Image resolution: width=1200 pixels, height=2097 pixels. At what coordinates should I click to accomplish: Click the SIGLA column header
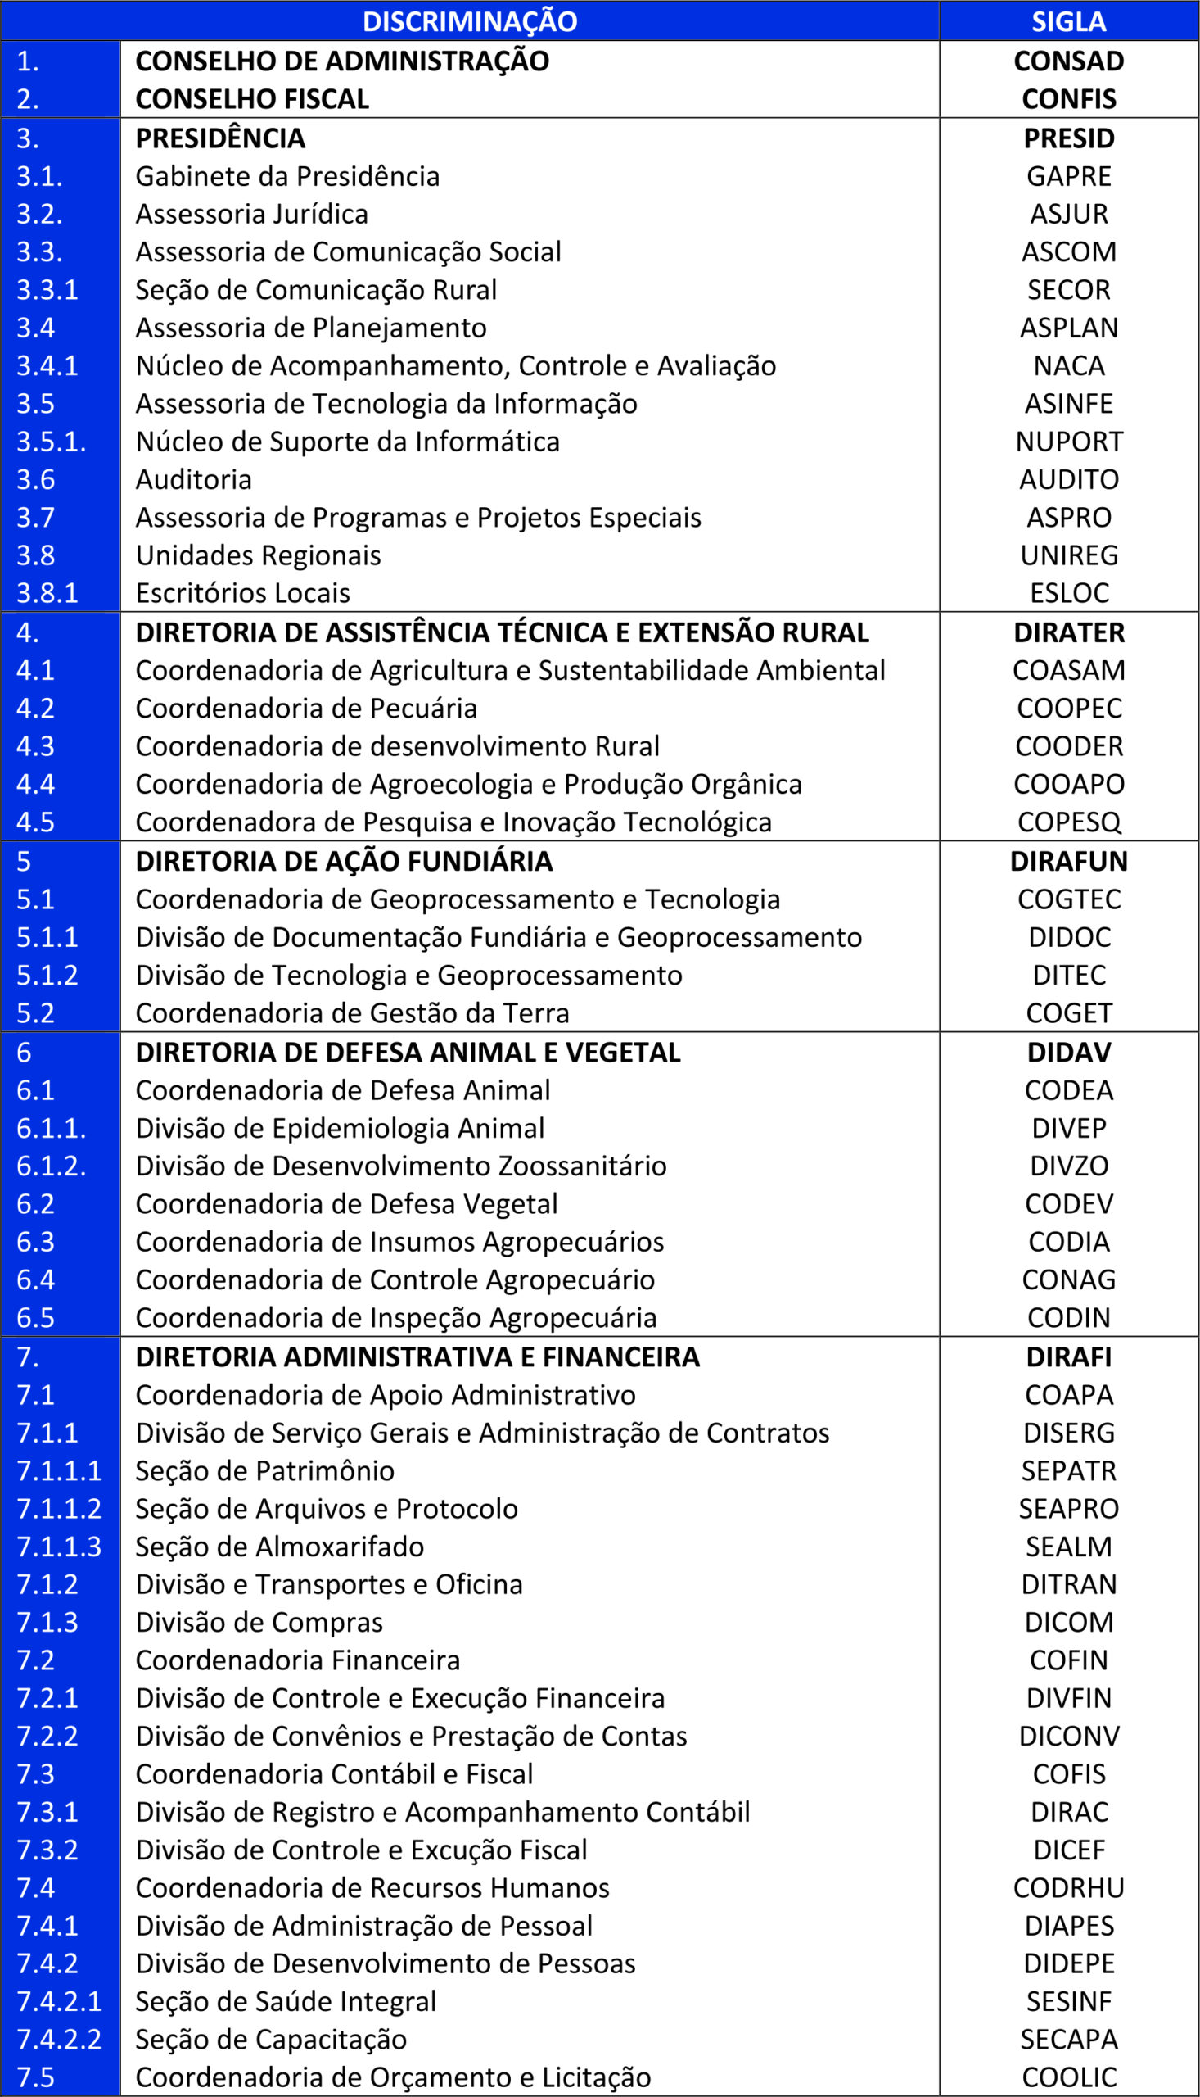[x=1068, y=21]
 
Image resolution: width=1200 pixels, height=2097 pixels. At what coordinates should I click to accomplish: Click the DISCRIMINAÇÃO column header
[x=470, y=21]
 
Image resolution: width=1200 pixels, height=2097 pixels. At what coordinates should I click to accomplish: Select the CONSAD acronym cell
[x=1068, y=61]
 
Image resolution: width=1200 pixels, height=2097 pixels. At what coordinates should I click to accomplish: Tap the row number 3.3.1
[x=47, y=289]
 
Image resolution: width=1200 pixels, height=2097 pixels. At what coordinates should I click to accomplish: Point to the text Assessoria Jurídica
[x=251, y=214]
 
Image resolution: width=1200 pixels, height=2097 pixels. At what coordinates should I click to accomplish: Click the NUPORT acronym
[x=1068, y=442]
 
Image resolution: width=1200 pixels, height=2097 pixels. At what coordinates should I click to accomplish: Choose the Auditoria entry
[x=194, y=479]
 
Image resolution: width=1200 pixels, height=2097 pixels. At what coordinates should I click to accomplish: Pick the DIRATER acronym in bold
[x=1068, y=632]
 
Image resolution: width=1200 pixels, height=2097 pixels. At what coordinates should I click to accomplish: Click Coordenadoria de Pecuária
[x=306, y=709]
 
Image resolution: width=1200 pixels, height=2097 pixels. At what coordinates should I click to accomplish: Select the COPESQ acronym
[x=1068, y=822]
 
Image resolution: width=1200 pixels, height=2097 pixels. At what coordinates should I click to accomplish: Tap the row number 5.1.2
[x=47, y=975]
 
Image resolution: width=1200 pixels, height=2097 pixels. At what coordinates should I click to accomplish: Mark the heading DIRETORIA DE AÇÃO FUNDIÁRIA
[x=344, y=861]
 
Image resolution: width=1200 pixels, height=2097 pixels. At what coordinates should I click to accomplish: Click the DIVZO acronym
[x=1068, y=1166]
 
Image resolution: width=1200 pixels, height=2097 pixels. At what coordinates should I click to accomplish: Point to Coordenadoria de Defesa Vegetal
[x=346, y=1204]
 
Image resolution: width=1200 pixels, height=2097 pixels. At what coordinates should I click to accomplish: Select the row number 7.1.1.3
[x=58, y=1547]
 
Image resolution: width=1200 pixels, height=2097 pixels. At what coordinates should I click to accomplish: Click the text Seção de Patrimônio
[x=264, y=1470]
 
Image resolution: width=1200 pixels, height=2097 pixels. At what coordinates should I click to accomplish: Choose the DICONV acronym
[x=1068, y=1736]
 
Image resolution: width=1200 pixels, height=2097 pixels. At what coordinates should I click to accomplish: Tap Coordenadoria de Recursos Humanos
[x=372, y=1887]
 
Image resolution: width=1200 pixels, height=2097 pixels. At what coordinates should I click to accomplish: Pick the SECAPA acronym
[x=1068, y=2040]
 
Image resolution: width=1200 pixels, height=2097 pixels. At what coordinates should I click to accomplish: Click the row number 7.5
[x=35, y=2077]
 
